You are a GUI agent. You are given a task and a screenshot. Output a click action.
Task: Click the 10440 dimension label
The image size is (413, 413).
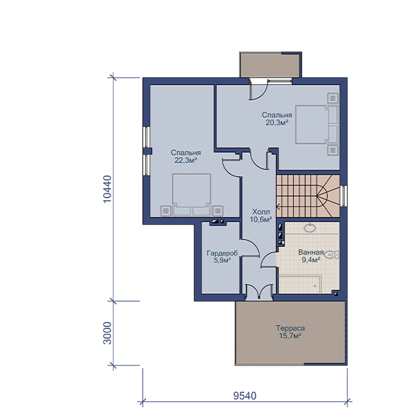[x=107, y=189]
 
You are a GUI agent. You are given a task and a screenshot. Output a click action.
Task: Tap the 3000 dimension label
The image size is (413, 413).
[x=107, y=333]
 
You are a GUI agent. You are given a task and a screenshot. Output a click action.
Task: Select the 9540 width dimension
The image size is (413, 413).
[x=244, y=396]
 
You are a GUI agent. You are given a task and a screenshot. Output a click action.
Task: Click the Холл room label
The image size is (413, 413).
[x=261, y=212]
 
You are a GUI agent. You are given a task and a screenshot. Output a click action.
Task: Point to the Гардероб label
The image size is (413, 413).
[x=222, y=253]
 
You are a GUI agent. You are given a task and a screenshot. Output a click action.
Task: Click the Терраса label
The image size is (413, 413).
[x=290, y=328]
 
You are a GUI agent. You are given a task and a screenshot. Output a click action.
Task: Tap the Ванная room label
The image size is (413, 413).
[x=311, y=252]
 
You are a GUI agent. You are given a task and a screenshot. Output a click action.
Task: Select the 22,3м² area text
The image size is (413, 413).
[x=186, y=160]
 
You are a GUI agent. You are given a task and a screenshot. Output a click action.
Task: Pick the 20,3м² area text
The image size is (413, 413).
[x=277, y=123]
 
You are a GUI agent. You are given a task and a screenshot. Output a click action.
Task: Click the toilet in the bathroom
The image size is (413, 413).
[x=331, y=255]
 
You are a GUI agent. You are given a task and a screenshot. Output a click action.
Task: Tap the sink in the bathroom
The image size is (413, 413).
[x=310, y=228]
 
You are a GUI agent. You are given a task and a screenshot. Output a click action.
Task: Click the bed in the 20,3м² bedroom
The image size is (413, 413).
[x=317, y=125]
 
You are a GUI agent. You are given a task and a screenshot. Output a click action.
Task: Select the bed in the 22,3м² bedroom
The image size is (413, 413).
[x=191, y=195]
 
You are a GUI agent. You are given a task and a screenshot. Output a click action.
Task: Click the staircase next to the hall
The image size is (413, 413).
[x=308, y=196]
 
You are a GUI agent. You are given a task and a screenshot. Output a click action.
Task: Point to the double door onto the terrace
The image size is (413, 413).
[x=260, y=292]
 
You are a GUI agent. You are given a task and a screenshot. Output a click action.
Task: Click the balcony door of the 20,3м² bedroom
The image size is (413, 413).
[x=258, y=89]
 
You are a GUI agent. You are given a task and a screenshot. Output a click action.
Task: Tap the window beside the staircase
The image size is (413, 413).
[x=343, y=196]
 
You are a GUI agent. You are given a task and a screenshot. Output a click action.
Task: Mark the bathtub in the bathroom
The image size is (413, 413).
[x=299, y=284]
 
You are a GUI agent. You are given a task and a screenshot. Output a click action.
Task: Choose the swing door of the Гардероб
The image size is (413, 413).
[x=250, y=248]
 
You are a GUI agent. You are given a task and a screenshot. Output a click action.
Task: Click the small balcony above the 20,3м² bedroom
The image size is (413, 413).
[x=270, y=65]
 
